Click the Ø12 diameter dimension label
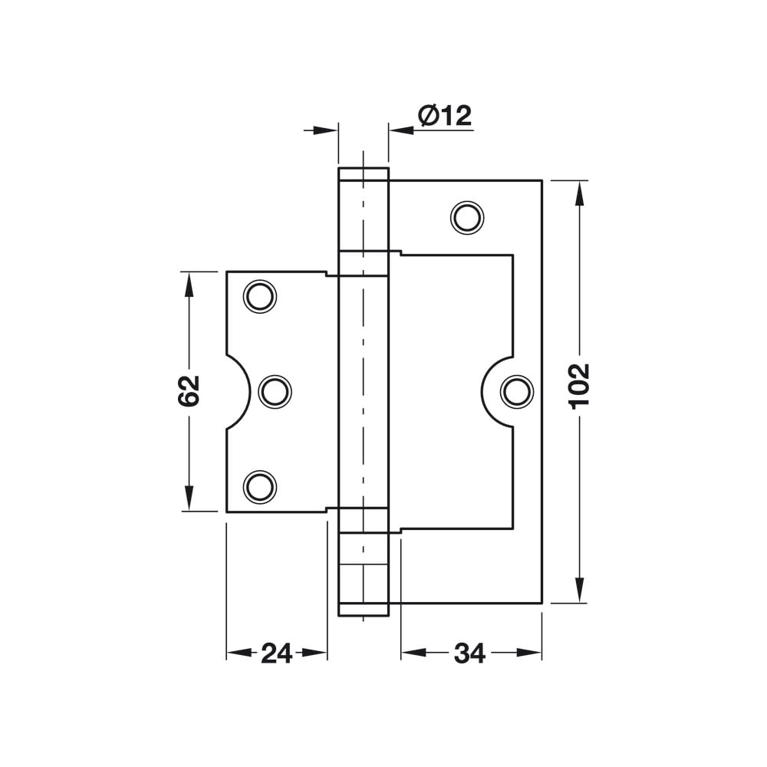pos(445,116)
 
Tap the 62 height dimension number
pos(189,391)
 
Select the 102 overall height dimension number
pos(580,387)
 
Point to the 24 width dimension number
pos(276,653)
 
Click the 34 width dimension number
pos(469,653)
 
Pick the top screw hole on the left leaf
pos(260,296)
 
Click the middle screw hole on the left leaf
pos(275,392)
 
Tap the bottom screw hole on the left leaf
pos(260,487)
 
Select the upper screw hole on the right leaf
pos(467,218)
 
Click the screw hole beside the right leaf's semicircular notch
pos(517,392)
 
